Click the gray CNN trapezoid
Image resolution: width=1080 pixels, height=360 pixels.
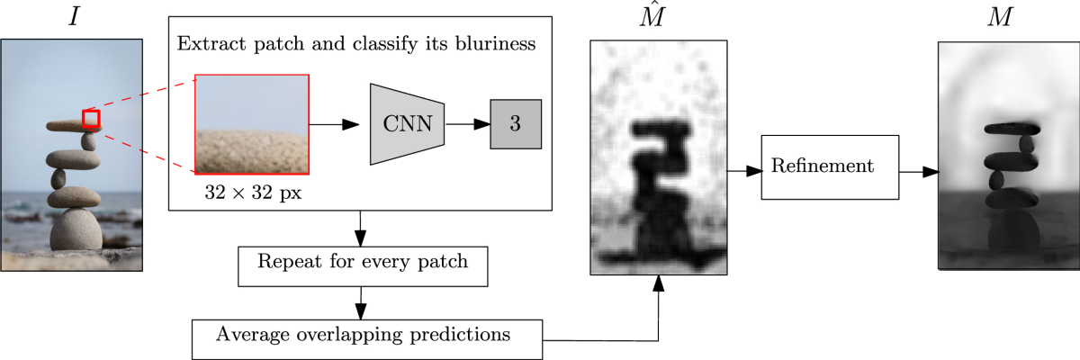click(407, 124)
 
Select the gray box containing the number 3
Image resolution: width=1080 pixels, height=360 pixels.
click(515, 124)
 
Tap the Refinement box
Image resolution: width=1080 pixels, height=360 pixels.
click(830, 166)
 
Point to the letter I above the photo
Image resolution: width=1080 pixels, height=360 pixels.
click(75, 15)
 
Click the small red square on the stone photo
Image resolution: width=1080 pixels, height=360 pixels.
click(91, 119)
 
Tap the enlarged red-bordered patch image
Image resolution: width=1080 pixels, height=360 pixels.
click(252, 123)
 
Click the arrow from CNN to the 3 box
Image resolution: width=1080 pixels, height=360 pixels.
click(467, 124)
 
